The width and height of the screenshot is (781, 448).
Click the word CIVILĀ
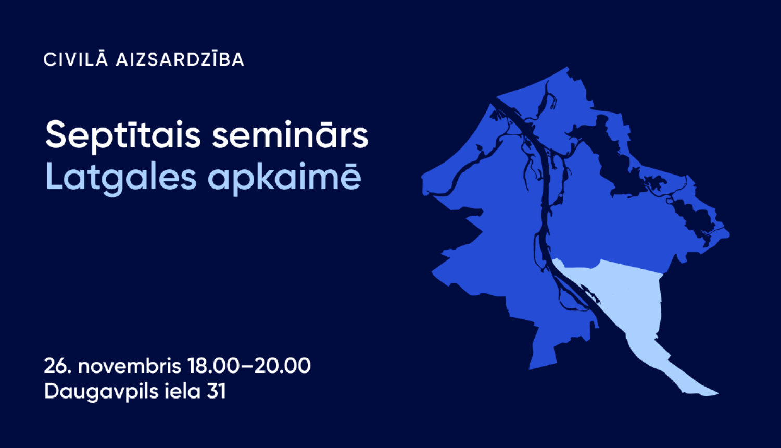tap(75, 59)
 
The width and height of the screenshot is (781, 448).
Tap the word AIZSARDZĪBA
tap(180, 59)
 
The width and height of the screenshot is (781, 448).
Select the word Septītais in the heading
tap(123, 135)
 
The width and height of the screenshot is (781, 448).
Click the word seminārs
tap(290, 135)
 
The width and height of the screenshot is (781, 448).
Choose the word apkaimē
tap(284, 178)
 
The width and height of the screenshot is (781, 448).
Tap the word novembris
tap(130, 366)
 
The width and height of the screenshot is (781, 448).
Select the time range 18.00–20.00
tap(249, 366)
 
